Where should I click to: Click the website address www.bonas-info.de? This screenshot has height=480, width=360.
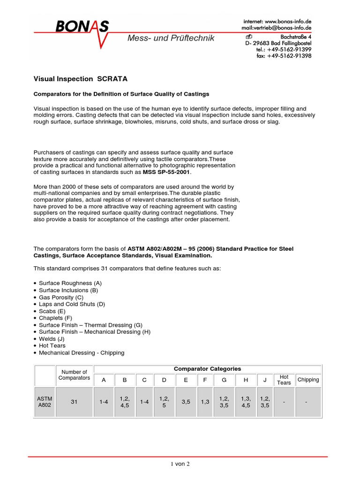288,22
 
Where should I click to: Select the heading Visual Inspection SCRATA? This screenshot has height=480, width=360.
80,79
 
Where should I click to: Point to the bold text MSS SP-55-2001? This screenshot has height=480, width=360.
167,172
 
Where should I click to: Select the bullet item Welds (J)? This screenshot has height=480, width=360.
52,338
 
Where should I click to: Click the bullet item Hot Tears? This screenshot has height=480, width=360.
52,345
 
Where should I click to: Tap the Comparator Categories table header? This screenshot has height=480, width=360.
207,369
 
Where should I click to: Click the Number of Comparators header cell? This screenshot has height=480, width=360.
75,375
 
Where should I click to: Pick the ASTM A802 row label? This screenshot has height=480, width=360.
45,401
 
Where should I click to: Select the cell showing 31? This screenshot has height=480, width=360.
75,401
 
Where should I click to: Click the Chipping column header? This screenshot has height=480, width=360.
308,380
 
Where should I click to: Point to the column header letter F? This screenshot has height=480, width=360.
205,380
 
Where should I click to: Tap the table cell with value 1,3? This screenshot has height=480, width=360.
205,401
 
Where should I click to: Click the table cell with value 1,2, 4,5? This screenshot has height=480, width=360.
125,401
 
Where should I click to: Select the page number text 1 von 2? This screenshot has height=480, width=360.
180,464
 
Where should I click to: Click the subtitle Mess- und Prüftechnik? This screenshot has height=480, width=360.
171,38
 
